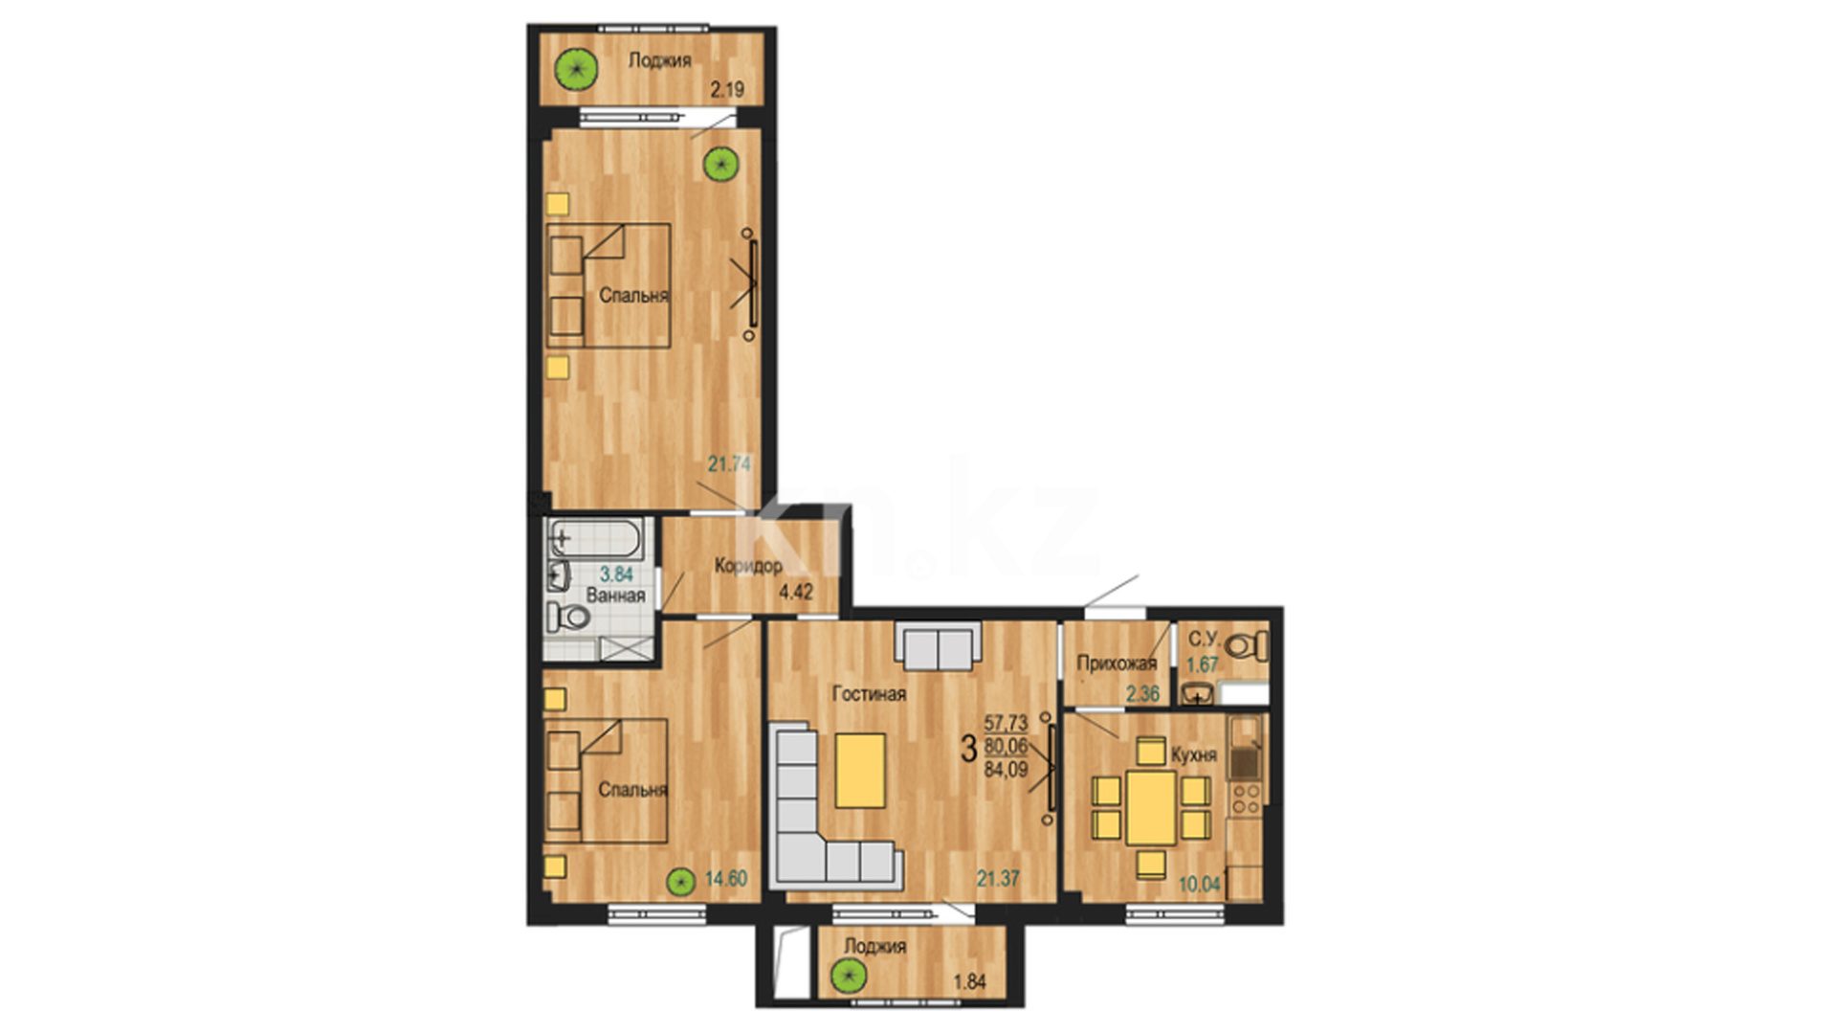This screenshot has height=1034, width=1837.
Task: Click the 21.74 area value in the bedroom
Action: tap(729, 464)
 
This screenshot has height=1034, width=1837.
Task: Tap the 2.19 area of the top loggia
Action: tap(727, 90)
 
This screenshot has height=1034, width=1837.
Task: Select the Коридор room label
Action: tap(748, 566)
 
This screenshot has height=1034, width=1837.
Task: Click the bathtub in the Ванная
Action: tap(596, 539)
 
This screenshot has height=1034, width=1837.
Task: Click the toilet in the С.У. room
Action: tap(1247, 646)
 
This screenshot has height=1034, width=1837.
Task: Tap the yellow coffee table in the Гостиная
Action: tap(860, 771)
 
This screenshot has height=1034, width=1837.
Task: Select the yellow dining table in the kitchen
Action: tap(1151, 807)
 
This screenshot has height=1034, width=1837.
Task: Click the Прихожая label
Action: tap(1117, 663)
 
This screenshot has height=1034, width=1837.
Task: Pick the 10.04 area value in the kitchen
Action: tap(1200, 884)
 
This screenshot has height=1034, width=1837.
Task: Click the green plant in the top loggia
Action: tap(577, 69)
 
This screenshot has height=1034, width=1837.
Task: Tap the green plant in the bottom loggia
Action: tap(848, 977)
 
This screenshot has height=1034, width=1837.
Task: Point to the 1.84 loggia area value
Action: tap(969, 982)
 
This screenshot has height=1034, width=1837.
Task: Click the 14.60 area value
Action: tap(726, 878)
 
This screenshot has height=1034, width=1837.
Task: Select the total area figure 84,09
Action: tap(1006, 768)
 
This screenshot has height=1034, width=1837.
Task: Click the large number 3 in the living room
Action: tap(968, 749)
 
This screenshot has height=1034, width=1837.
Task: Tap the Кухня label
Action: tap(1194, 755)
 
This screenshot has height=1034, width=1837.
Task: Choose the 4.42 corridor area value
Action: tap(796, 592)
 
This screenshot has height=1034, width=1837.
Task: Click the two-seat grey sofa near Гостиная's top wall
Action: tap(939, 645)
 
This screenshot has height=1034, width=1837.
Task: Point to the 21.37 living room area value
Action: tap(998, 878)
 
